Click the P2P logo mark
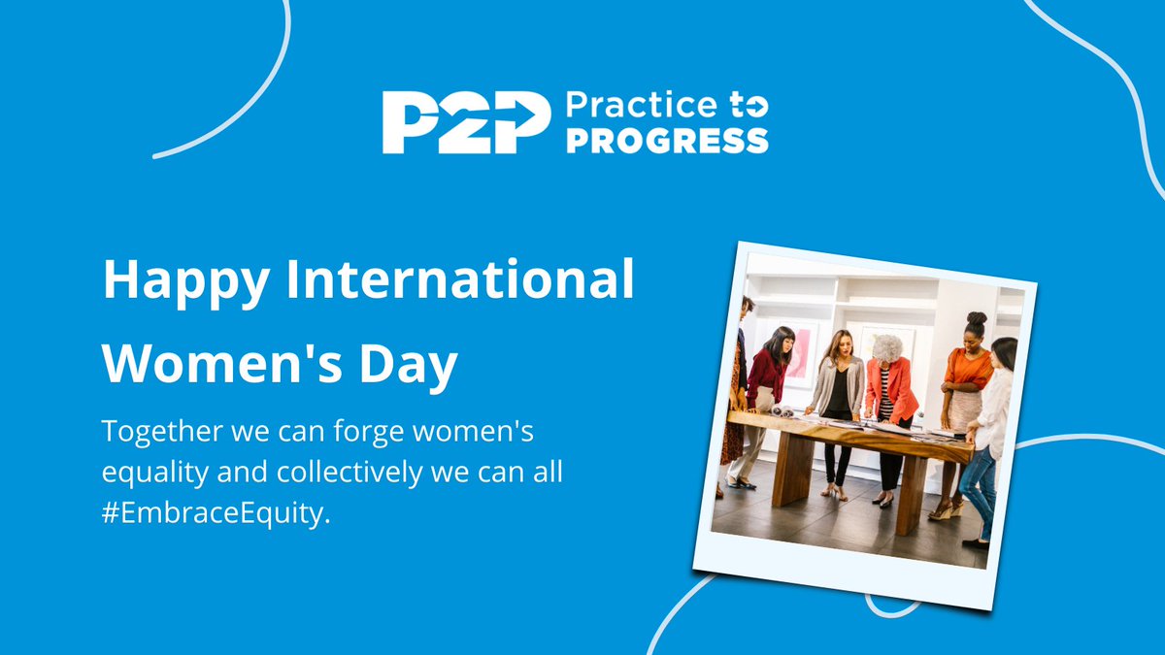pyautogui.click(x=459, y=122)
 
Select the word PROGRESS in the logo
pyautogui.click(x=666, y=140)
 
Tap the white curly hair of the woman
pyautogui.click(x=887, y=348)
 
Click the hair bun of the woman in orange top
pyautogui.click(x=976, y=318)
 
